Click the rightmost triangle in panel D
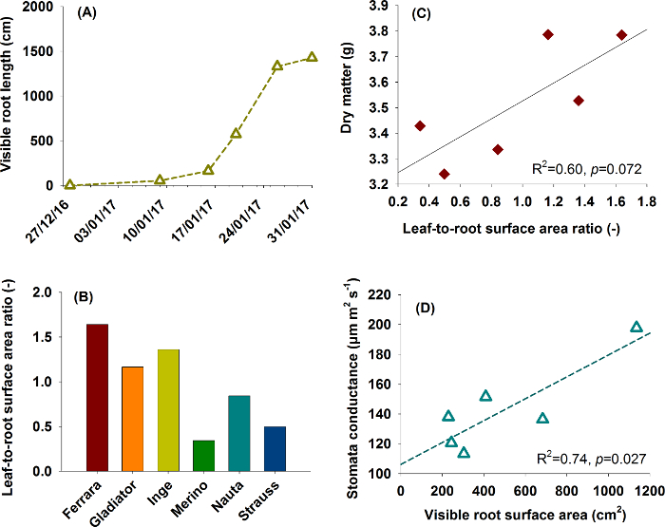point(636,327)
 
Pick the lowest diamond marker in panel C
point(445,174)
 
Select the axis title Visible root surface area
point(524,513)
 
